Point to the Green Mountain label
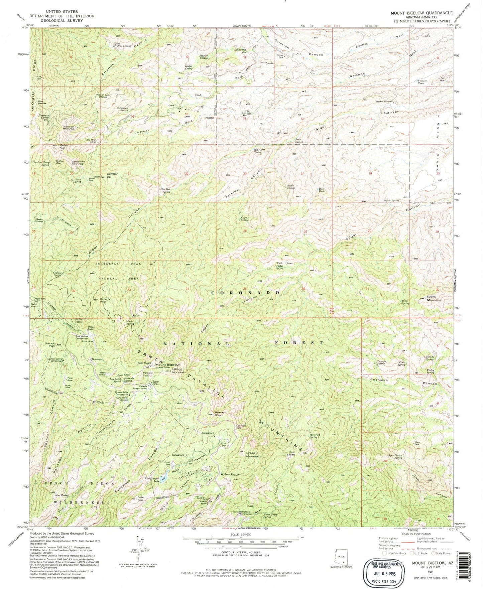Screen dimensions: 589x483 coord(253,455)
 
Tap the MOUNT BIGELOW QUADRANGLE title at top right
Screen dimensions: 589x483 coord(421,13)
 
